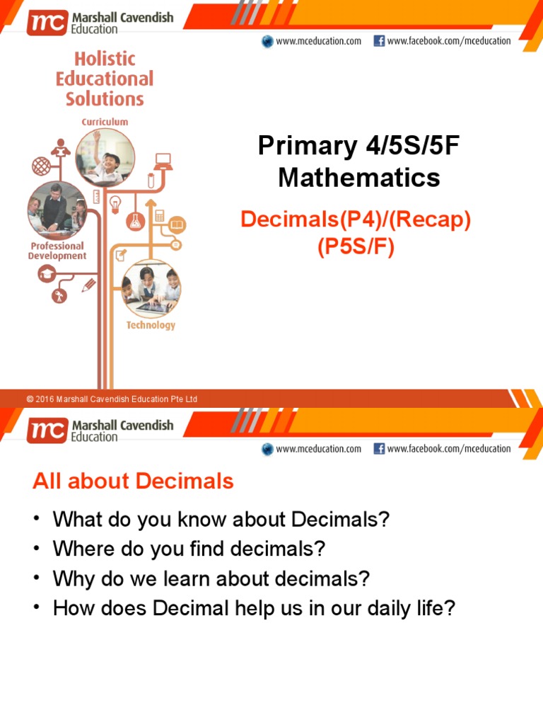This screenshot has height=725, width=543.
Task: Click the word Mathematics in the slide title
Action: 359,177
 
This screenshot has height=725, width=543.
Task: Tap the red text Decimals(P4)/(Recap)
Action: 356,219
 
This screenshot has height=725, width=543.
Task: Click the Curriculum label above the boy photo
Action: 105,122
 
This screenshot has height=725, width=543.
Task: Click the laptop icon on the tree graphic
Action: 163,161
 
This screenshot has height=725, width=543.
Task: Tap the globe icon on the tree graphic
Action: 41,166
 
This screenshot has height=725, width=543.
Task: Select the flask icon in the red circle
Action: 135,220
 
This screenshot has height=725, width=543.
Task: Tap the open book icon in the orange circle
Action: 177,225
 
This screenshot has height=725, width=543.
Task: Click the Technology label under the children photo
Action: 151,325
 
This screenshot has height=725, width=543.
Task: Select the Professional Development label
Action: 57,251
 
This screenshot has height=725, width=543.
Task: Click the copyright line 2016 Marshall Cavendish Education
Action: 112,399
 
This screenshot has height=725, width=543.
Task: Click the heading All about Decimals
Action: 133,481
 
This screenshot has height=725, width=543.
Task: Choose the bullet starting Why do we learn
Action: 211,578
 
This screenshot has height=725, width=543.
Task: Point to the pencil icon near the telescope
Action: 88,285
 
